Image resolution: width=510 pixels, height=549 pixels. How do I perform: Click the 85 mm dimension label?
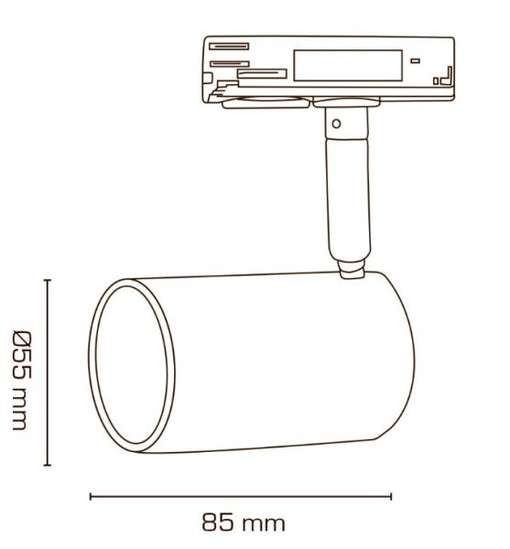pyautogui.click(x=243, y=523)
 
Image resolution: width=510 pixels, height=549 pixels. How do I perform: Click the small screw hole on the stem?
pyautogui.click(x=337, y=123)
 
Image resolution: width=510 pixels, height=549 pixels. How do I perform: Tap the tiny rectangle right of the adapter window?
pyautogui.click(x=416, y=59)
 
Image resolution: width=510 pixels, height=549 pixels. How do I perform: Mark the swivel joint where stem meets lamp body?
pyautogui.click(x=349, y=270)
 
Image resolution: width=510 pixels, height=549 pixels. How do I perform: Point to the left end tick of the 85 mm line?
pyautogui.click(x=91, y=497)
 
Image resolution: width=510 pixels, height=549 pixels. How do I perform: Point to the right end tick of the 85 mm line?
pyautogui.click(x=391, y=497)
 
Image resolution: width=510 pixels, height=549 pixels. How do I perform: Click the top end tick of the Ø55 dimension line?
pyautogui.click(x=48, y=282)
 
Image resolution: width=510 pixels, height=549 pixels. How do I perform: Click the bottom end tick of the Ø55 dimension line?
pyautogui.click(x=48, y=465)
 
